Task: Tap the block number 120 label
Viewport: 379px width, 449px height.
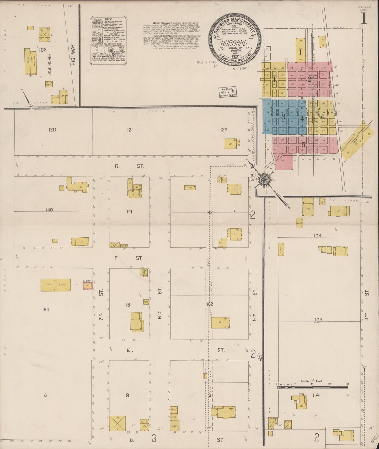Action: pyautogui.click(x=52, y=129)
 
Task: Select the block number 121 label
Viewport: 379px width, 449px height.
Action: pyautogui.click(x=129, y=129)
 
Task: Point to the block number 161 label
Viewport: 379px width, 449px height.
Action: pyautogui.click(x=129, y=305)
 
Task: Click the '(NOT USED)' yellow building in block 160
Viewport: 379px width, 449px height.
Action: pyautogui.click(x=56, y=285)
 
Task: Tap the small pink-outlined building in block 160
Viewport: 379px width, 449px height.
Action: pyautogui.click(x=88, y=287)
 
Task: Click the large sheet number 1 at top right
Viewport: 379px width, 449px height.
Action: pyautogui.click(x=364, y=19)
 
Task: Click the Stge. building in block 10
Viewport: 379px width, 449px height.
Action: pyautogui.click(x=174, y=426)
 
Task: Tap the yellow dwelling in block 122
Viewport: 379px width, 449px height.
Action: pyautogui.click(x=230, y=144)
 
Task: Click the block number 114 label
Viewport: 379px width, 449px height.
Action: pyautogui.click(x=317, y=395)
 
